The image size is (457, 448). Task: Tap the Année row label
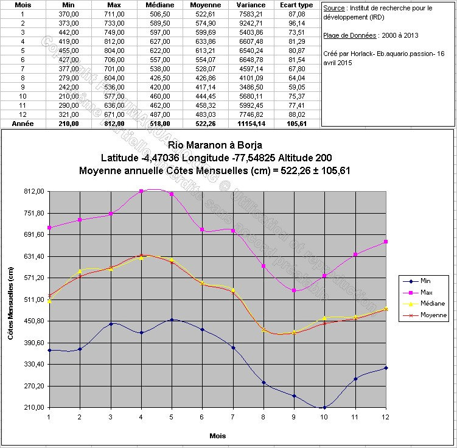coord(23,124)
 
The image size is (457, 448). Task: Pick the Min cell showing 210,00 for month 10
coord(69,96)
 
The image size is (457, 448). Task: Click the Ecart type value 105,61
coord(296,124)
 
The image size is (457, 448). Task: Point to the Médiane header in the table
coord(161,4)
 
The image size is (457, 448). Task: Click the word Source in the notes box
coord(333,9)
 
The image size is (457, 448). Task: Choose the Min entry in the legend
coord(426,281)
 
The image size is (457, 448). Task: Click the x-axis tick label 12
coord(385,417)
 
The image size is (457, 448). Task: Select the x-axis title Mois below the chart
coord(217,436)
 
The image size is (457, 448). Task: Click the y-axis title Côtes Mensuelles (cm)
coord(11,299)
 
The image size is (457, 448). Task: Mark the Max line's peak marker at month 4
coord(141,191)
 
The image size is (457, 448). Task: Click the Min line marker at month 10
coord(324,407)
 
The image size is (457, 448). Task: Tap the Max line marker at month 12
coord(386,242)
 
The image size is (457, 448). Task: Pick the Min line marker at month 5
coord(172,320)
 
